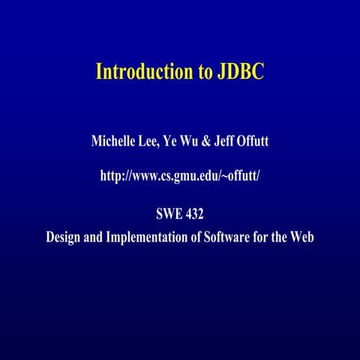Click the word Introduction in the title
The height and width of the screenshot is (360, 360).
click(x=141, y=73)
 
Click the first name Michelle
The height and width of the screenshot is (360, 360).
click(x=113, y=141)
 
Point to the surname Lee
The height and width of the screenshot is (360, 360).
click(x=151, y=141)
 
